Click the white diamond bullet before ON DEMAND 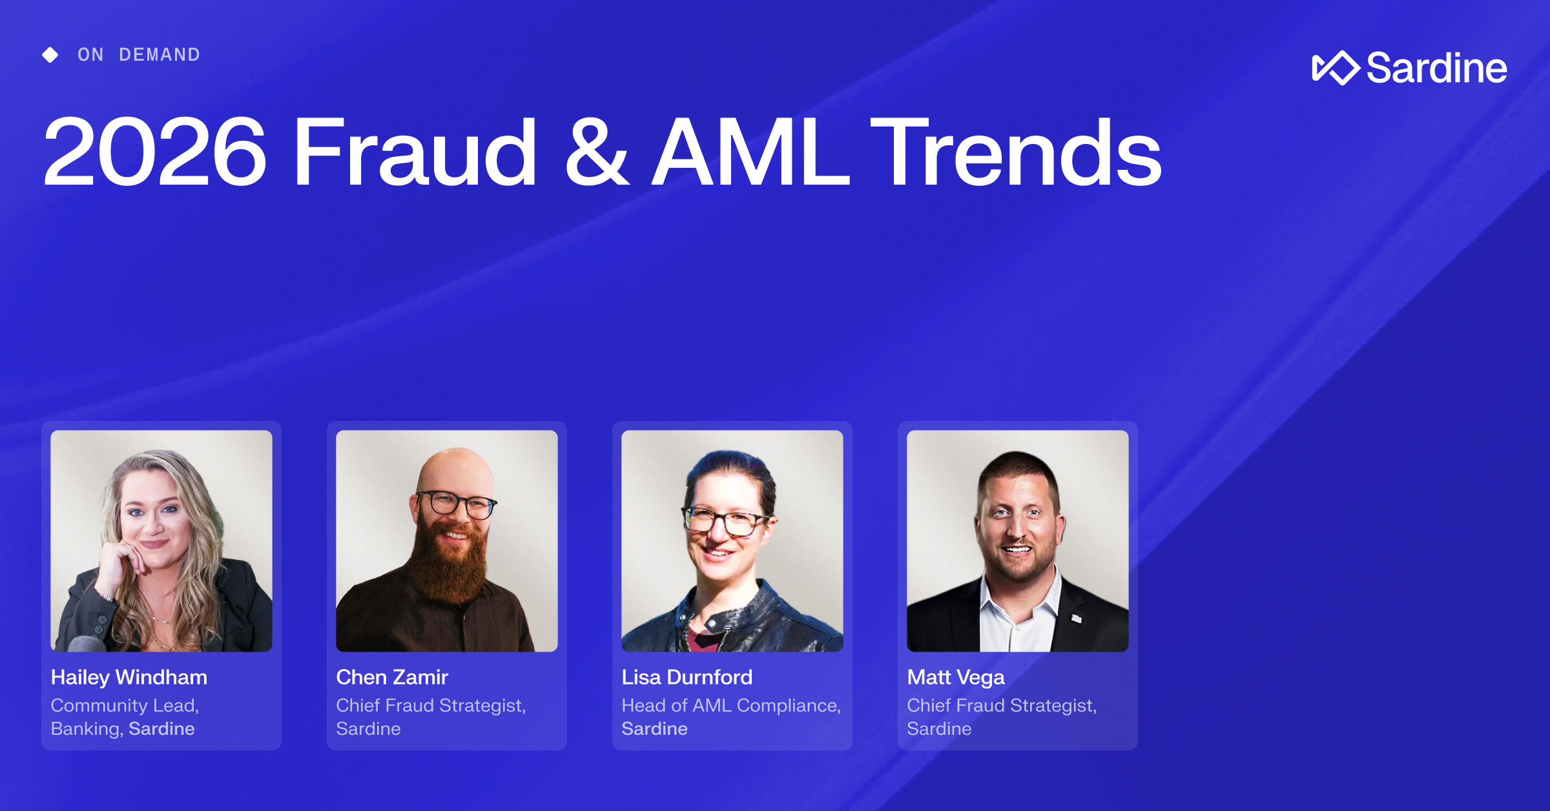coord(50,55)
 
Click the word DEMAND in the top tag coord(160,55)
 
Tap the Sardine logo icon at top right coord(1335,68)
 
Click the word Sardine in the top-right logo coord(1436,68)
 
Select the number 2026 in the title coord(154,152)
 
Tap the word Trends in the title coord(1017,152)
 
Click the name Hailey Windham coord(129,677)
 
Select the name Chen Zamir coord(392,677)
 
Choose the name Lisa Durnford coord(687,677)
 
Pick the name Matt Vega coord(956,677)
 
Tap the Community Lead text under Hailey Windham coord(125,706)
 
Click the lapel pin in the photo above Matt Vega coord(1077,618)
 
